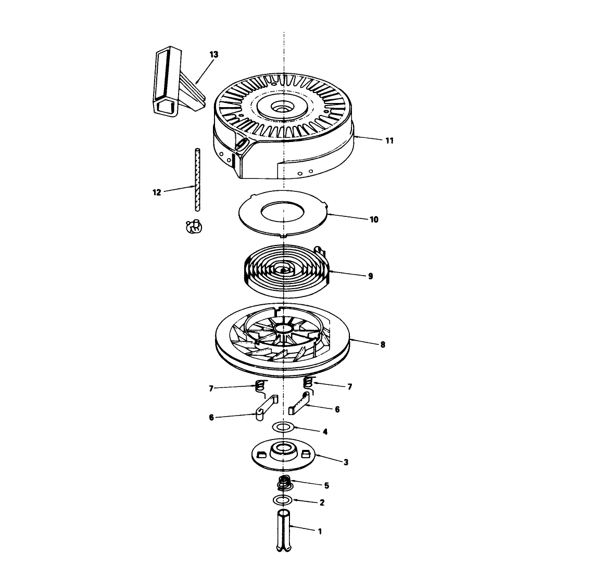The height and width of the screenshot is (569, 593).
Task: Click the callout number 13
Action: pyautogui.click(x=213, y=55)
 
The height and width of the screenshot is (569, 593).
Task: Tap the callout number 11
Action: pyautogui.click(x=389, y=140)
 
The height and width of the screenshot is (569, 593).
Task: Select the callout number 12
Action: pyautogui.click(x=157, y=192)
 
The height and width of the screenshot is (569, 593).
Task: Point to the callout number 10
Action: pyautogui.click(x=374, y=219)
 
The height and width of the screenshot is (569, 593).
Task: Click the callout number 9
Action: pyautogui.click(x=370, y=276)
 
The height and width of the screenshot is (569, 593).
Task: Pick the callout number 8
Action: pyautogui.click(x=383, y=345)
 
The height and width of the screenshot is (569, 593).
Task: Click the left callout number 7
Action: pyautogui.click(x=211, y=389)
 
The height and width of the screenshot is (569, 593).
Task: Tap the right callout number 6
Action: pyautogui.click(x=337, y=409)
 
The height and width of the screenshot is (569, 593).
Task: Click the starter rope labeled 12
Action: pyautogui.click(x=197, y=180)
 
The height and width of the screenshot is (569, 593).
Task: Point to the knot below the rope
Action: pyautogui.click(x=194, y=227)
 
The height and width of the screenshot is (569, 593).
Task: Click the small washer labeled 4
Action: pyautogui.click(x=283, y=428)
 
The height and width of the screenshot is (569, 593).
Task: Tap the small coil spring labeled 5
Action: pyautogui.click(x=284, y=483)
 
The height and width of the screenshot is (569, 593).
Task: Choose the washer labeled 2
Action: pyautogui.click(x=283, y=500)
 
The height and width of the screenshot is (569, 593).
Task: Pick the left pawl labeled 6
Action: pyautogui.click(x=266, y=407)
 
